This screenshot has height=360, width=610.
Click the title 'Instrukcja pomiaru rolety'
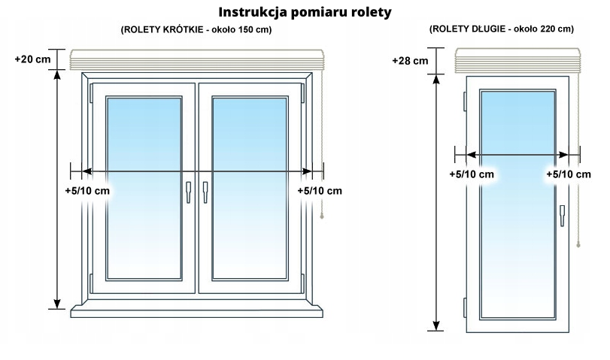(x=305, y=13)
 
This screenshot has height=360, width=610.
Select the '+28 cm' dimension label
(x=410, y=60)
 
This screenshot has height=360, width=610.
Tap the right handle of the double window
(x=204, y=192)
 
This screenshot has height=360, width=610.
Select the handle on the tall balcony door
(x=562, y=215)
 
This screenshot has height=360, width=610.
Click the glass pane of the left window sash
(x=144, y=188)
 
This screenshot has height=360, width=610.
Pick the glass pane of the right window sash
(x=247, y=188)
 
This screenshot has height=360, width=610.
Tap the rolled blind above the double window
(x=196, y=59)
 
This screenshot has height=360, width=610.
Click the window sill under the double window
(x=196, y=309)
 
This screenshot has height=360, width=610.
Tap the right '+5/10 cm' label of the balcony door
(x=569, y=174)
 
